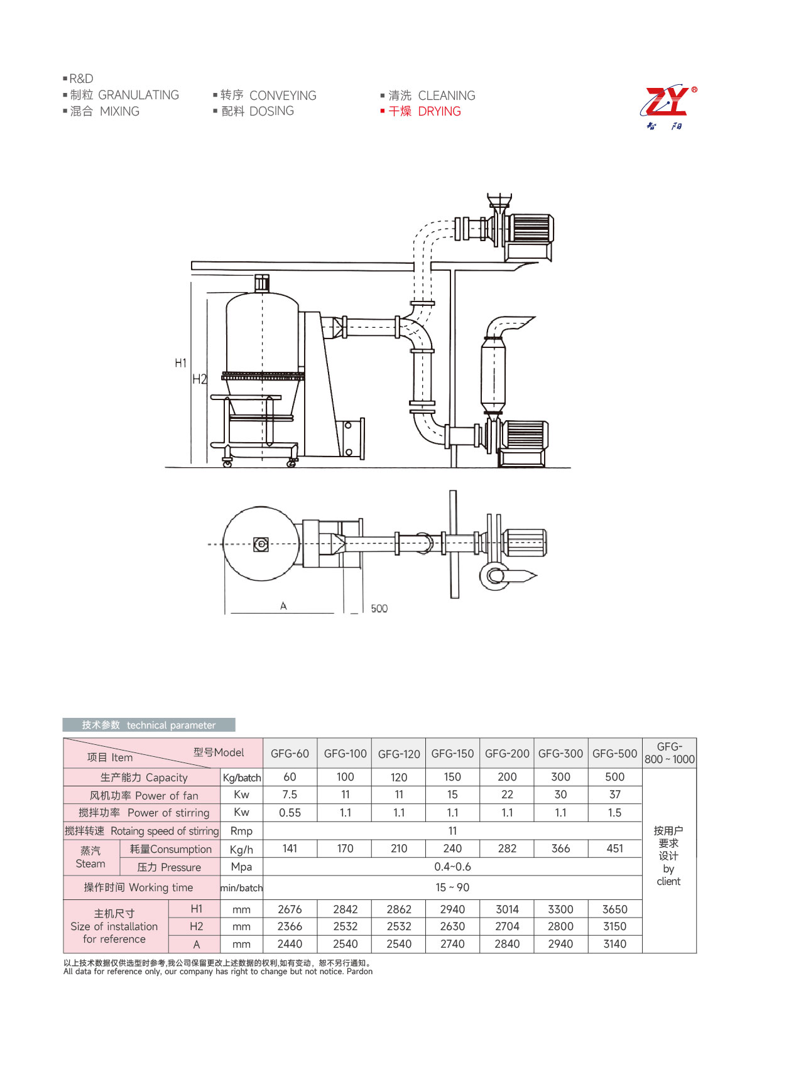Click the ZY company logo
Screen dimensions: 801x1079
tap(668, 107)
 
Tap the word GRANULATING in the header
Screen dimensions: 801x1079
tap(139, 95)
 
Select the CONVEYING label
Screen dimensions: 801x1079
tap(283, 95)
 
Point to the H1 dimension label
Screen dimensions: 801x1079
tap(180, 363)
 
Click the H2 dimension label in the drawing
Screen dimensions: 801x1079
tap(199, 379)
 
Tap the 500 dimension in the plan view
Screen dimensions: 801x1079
tap(379, 609)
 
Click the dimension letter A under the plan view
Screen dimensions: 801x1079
tap(283, 606)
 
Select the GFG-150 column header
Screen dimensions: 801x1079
tap(452, 754)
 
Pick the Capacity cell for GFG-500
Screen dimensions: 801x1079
tap(614, 777)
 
